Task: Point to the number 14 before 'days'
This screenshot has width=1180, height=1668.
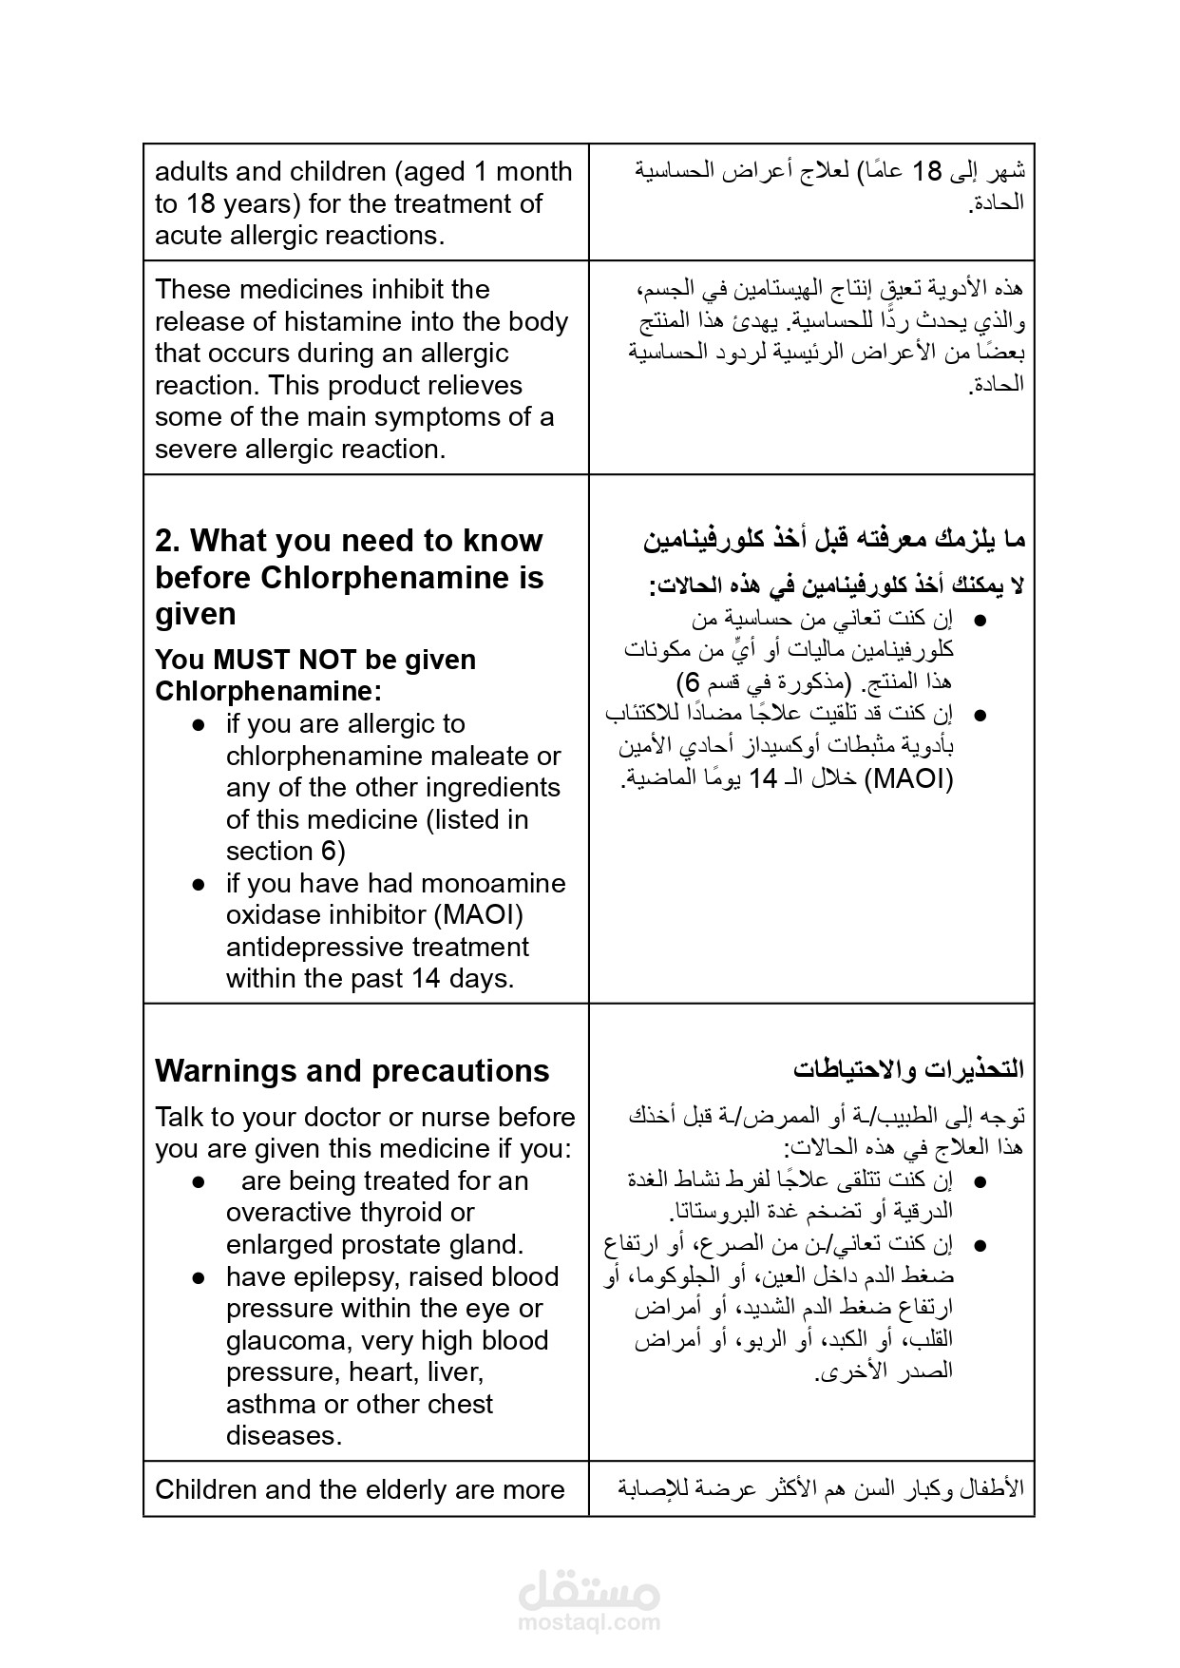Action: tap(427, 978)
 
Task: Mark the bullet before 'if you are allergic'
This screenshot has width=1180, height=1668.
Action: tap(199, 724)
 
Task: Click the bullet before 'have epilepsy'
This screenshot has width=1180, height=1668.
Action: tap(199, 1277)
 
